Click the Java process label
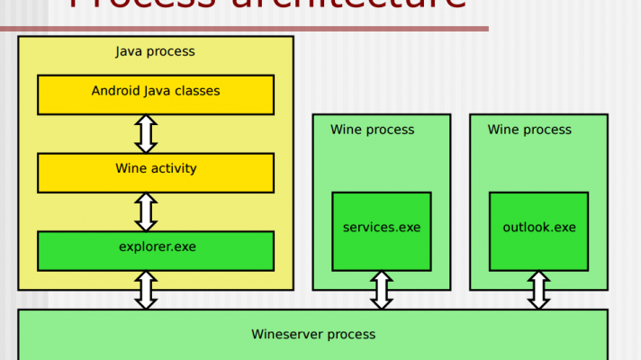coord(155,51)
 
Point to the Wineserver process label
coord(312,335)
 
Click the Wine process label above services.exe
coord(372,130)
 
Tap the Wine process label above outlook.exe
coord(529,130)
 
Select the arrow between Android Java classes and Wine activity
coord(146,133)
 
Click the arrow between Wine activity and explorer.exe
coord(146,211)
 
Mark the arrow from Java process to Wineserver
coord(146,290)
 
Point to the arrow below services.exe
coord(381,290)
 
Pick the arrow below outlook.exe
coord(538,290)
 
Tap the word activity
coord(172,168)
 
